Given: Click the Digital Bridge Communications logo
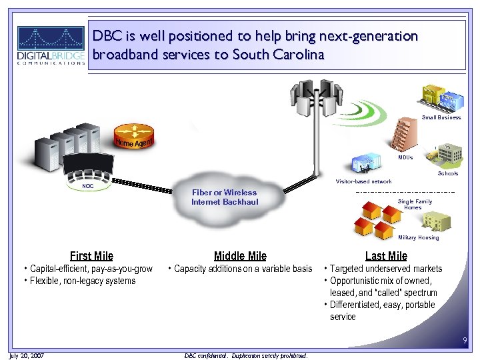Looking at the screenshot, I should (x=51, y=45).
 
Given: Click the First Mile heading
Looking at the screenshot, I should (x=91, y=256).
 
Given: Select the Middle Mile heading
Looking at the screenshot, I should (x=240, y=256).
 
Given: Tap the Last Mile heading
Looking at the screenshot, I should (x=386, y=256).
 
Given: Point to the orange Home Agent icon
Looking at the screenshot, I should (x=134, y=141).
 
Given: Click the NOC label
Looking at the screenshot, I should (x=87, y=186).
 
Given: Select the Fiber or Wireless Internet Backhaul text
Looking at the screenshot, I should (x=224, y=197).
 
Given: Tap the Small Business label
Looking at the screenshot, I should (x=441, y=117).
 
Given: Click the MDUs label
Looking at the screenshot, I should (x=405, y=158).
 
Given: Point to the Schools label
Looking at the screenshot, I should (x=447, y=173).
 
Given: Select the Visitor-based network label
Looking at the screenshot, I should (x=363, y=181).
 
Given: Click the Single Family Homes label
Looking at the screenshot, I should (x=414, y=204).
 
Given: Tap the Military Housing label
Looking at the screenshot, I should (x=418, y=237).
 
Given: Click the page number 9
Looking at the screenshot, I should (x=465, y=342).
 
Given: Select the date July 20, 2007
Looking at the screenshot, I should (x=27, y=355).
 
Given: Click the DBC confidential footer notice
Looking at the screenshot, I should (x=245, y=355).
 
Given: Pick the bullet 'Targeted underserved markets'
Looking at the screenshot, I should (x=386, y=269).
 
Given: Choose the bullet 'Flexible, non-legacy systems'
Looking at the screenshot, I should (x=83, y=281).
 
